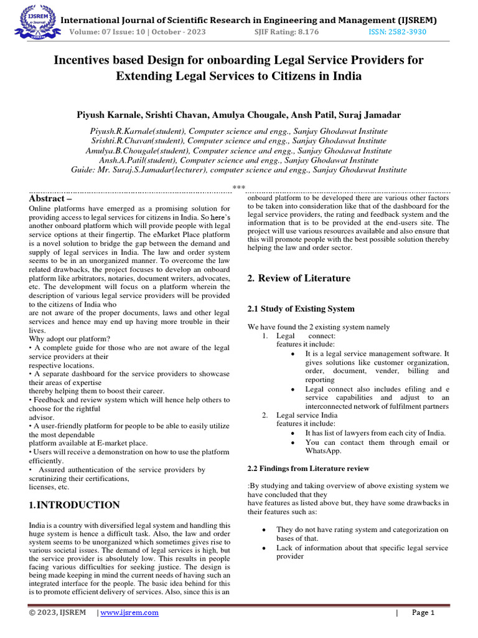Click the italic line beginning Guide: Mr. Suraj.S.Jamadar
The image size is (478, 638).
pos(239,169)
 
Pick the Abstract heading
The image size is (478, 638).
pos(51,198)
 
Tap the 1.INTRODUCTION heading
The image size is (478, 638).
pos(75,505)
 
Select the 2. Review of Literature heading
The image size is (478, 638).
pos(299,278)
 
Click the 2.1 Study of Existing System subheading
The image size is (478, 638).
pos(301,308)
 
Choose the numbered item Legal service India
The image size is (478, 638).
pos(307,415)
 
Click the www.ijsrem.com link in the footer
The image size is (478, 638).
pos(129,612)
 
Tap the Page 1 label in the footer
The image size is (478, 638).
pos(423,612)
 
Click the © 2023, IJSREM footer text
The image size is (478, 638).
pos(60,612)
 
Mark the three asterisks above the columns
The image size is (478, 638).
pos(239,187)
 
